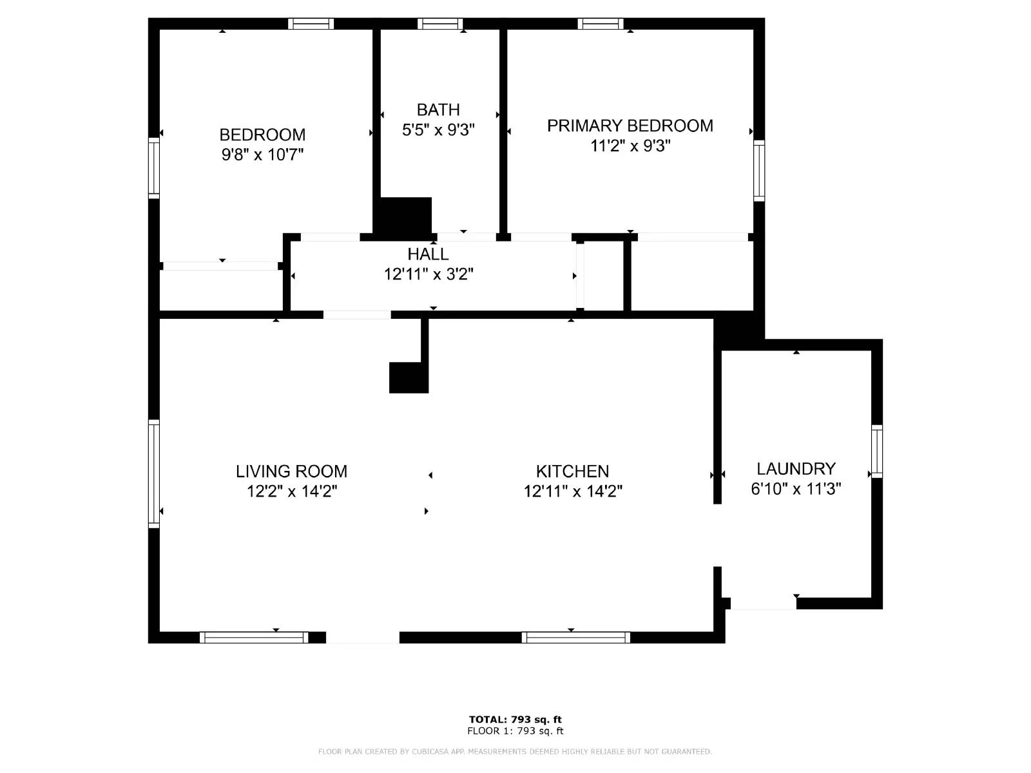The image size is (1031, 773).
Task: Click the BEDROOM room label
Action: pos(262,135)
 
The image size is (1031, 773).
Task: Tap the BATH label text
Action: pos(438,110)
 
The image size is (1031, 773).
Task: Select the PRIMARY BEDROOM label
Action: pos(630,126)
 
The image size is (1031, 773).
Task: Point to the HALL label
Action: pos(428,254)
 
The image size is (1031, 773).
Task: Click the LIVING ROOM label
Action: pos(291,472)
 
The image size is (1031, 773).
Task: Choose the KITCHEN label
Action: pos(572,472)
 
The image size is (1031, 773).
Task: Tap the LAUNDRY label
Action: pos(796,469)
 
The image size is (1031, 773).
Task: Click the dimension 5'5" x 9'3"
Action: pos(438,130)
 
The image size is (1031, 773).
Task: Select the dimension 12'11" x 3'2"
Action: pos(429,274)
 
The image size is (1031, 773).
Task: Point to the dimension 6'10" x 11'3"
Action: pos(796,489)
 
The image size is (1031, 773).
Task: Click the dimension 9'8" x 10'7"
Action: pos(262,155)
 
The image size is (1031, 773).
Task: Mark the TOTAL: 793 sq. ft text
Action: pos(515,720)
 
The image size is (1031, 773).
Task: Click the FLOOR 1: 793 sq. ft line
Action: pos(515,731)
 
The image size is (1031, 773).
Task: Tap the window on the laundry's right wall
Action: pos(877,451)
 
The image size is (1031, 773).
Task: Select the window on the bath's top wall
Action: pos(440,24)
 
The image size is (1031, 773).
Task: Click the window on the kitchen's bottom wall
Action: pos(575,638)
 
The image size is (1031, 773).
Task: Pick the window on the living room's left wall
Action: pos(154,474)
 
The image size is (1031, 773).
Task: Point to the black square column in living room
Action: pos(409,377)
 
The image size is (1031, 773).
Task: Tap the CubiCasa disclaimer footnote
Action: pos(515,752)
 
